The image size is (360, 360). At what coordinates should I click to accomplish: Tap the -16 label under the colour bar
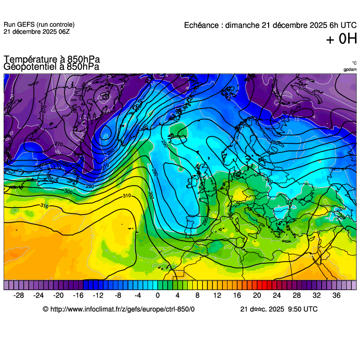(x=78, y=295)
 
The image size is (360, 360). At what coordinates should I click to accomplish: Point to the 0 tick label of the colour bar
(x=158, y=295)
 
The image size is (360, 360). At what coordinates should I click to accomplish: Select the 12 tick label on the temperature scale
(x=217, y=295)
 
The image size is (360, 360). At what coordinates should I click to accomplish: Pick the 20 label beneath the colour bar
(x=257, y=295)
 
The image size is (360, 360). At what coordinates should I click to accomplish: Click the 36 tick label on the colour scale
(x=336, y=295)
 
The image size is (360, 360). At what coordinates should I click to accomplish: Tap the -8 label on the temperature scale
(x=117, y=295)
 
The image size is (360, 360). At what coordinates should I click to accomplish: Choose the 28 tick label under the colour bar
(x=296, y=295)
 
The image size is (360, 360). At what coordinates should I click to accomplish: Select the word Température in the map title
(x=29, y=59)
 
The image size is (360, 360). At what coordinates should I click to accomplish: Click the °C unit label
(x=354, y=63)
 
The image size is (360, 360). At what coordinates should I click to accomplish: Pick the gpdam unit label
(x=350, y=70)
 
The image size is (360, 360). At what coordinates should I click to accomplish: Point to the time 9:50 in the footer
(x=295, y=309)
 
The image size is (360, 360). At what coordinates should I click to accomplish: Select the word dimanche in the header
(x=244, y=25)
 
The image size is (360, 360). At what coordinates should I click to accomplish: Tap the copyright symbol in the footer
(x=45, y=309)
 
